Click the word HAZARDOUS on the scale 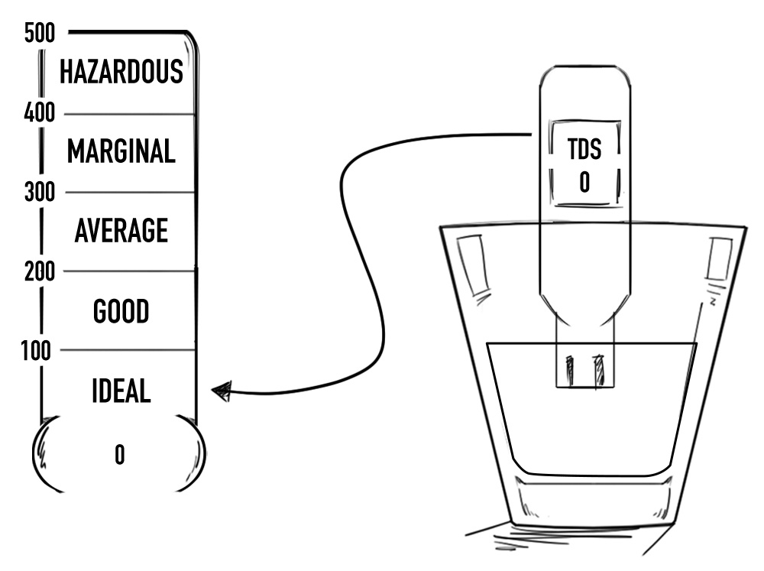pos(121,71)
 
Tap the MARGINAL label pos(121,151)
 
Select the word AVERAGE pos(121,230)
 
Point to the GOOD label pos(121,311)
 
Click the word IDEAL pos(121,391)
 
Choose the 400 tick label pos(39,114)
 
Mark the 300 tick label pos(39,192)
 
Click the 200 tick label pos(39,271)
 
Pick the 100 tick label pos(36,350)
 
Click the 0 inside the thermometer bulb pos(120,456)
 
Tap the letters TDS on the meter pos(584,151)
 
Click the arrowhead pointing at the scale pos(221,393)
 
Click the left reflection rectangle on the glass pos(471,264)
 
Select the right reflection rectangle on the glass pos(719,259)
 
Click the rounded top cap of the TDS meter pos(585,80)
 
